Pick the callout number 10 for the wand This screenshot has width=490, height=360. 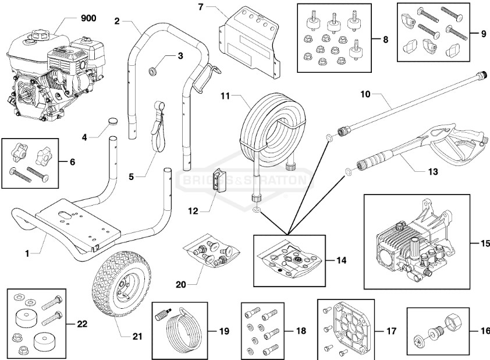365,94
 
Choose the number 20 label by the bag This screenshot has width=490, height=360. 182,285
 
